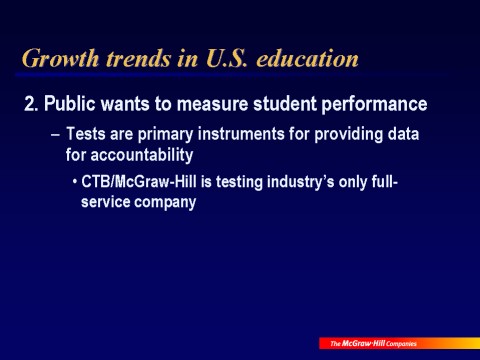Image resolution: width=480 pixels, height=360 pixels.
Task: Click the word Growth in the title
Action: [60, 59]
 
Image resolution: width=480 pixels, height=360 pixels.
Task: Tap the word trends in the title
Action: [138, 58]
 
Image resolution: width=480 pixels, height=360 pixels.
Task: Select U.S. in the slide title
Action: [227, 58]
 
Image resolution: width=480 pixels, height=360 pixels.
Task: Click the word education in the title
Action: [307, 58]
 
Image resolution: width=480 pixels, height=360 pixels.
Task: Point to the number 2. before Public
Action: [32, 104]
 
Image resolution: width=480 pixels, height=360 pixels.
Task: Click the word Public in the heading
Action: [70, 104]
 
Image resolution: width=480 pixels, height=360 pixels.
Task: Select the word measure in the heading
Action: [212, 104]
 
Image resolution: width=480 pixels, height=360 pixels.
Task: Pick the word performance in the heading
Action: [374, 105]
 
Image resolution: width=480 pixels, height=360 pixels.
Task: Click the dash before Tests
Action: [56, 135]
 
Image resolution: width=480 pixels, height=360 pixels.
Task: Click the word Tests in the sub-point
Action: [86, 134]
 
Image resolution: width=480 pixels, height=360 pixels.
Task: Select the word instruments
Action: [241, 134]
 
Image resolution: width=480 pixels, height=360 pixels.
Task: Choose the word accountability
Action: [142, 156]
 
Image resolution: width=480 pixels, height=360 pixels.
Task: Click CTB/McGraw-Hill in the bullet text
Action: [139, 182]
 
